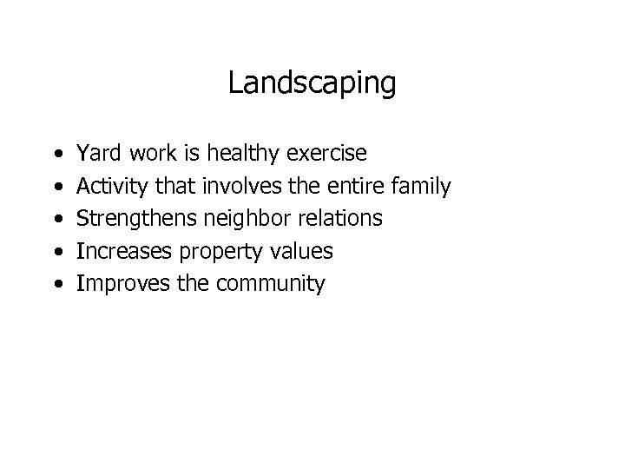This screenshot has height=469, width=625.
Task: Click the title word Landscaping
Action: click(312, 83)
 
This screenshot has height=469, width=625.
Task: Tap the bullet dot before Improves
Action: click(56, 284)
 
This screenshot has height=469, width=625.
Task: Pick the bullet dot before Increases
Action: click(56, 252)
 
